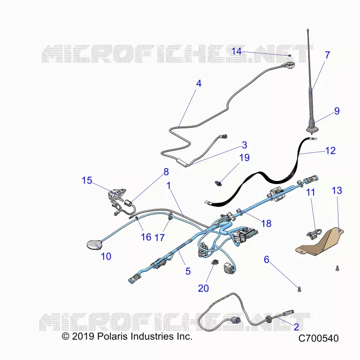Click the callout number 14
236,51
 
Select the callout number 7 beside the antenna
328,55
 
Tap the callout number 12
330,151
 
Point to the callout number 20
203,288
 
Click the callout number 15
87,180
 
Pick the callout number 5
188,271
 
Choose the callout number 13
337,190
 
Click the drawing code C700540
319,338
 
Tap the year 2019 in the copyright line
83,336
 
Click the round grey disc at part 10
94,245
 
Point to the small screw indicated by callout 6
299,289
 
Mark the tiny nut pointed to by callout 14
290,55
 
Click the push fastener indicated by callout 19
218,183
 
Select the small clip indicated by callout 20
215,262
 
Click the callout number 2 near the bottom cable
297,327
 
